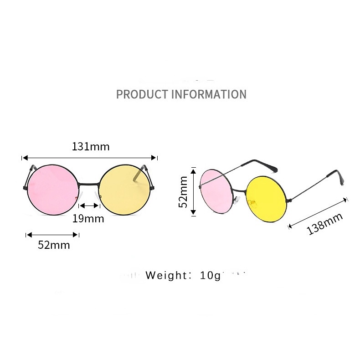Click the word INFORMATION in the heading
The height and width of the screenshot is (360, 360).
[x=209, y=94]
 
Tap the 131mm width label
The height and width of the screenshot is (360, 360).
[x=91, y=147]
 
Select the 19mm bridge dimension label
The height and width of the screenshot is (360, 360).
[x=88, y=219]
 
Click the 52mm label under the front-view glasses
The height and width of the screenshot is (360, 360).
[x=54, y=245]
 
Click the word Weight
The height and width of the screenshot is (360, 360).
[x=166, y=276]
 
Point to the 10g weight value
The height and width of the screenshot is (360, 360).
[x=209, y=276]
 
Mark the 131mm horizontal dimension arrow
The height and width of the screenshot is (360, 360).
[x=89, y=158]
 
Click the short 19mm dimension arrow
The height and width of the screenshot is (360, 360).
[x=89, y=206]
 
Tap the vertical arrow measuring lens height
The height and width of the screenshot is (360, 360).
[x=193, y=191]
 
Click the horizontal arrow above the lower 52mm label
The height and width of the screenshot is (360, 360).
[x=53, y=235]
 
